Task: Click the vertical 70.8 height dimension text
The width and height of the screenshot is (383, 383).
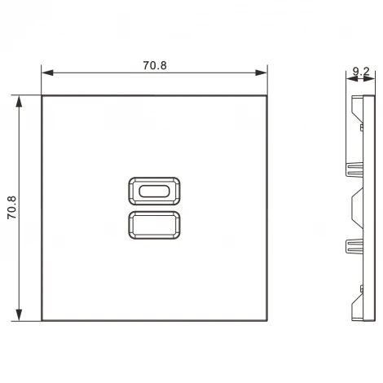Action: coord(12,208)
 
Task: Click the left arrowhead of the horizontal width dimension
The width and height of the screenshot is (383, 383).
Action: coord(45,73)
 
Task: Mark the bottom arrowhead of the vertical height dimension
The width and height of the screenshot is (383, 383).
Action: coord(18,315)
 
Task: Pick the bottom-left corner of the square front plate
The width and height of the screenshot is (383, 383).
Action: coord(41,319)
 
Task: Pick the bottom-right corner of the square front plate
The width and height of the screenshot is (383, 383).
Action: coord(267,319)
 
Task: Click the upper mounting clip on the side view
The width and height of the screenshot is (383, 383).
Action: coord(355,169)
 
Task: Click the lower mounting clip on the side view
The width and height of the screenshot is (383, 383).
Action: coord(355,244)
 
